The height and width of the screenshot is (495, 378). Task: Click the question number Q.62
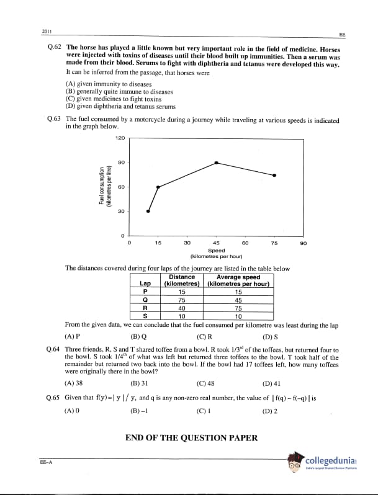[54, 47]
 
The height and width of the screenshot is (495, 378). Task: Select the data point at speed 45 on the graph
[216, 163]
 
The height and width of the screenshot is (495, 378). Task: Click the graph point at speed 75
[274, 175]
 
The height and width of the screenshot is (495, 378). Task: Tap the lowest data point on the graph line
[148, 211]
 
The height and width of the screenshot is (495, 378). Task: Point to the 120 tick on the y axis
[120, 137]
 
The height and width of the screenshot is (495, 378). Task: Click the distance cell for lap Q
[182, 299]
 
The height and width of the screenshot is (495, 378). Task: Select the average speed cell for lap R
[238, 307]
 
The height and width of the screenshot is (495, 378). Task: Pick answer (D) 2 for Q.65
[271, 410]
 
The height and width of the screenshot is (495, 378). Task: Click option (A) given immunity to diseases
[109, 83]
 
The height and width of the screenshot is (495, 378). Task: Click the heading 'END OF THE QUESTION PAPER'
[191, 438]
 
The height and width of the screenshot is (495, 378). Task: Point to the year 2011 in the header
[47, 31]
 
